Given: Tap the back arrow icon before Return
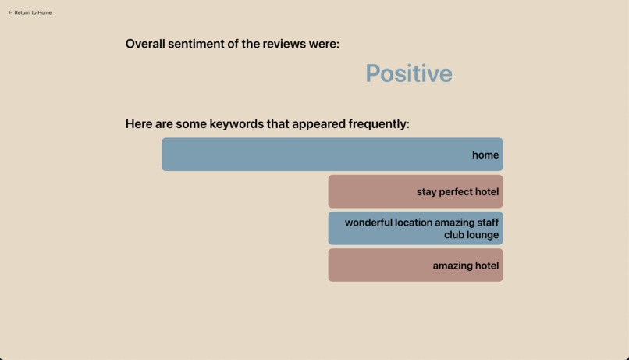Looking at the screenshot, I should (10, 12).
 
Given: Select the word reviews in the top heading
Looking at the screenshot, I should (284, 44).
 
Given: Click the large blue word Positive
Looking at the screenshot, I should (408, 73).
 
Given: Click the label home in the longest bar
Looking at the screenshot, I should (485, 155).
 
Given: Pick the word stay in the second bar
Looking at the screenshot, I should (426, 192).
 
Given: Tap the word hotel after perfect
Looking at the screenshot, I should (487, 192).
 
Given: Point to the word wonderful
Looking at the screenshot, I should (368, 223).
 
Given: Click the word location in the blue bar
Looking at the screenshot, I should (413, 223).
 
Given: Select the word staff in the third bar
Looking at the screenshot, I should (488, 223).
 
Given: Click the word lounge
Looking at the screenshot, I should (483, 235).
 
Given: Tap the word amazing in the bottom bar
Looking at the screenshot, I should (450, 266).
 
